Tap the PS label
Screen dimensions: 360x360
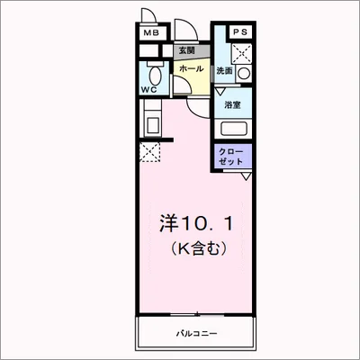[x=239, y=32]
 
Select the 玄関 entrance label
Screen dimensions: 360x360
[x=186, y=50]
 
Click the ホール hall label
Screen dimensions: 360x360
[x=190, y=68]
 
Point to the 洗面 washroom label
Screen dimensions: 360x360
[x=225, y=70]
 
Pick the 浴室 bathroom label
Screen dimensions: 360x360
[x=233, y=105]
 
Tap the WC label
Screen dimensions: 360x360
[x=149, y=90]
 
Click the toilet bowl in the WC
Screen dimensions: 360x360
[x=154, y=73]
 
